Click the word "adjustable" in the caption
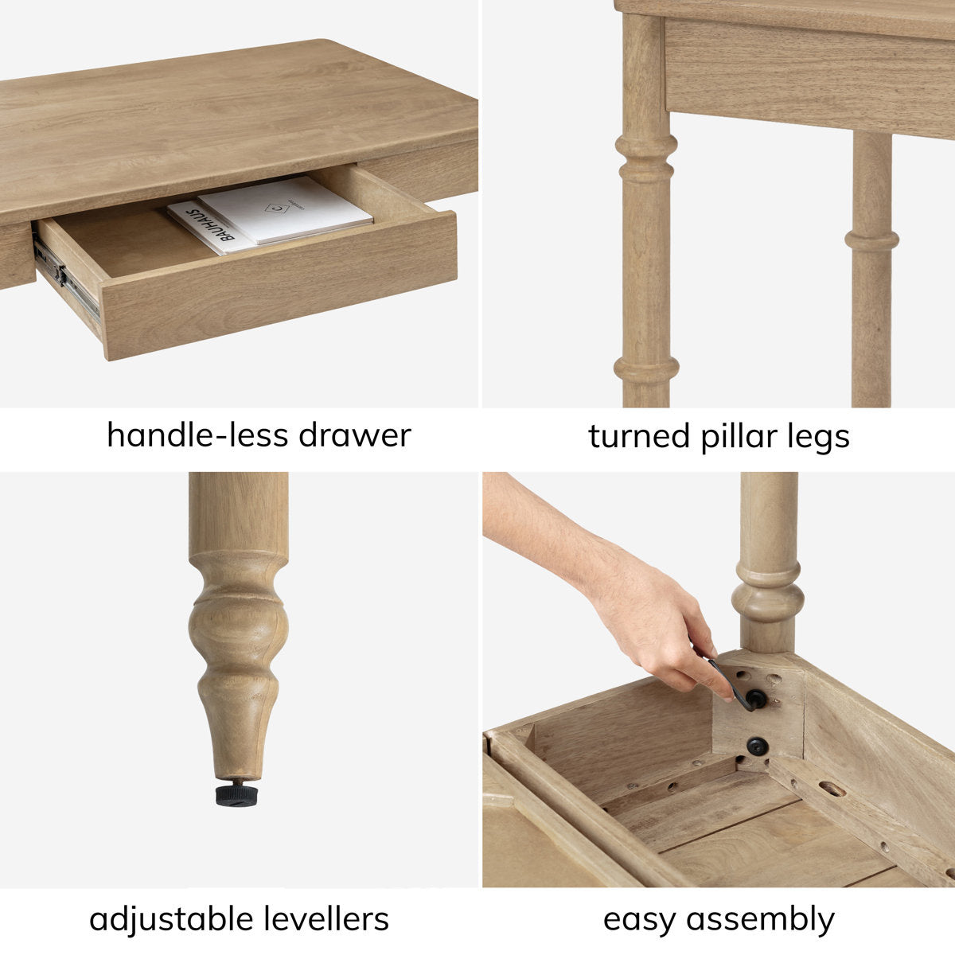pyautogui.click(x=162, y=919)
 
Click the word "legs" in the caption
pyautogui.click(x=820, y=438)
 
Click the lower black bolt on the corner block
pyautogui.click(x=756, y=746)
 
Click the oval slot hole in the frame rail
pyautogui.click(x=832, y=789)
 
